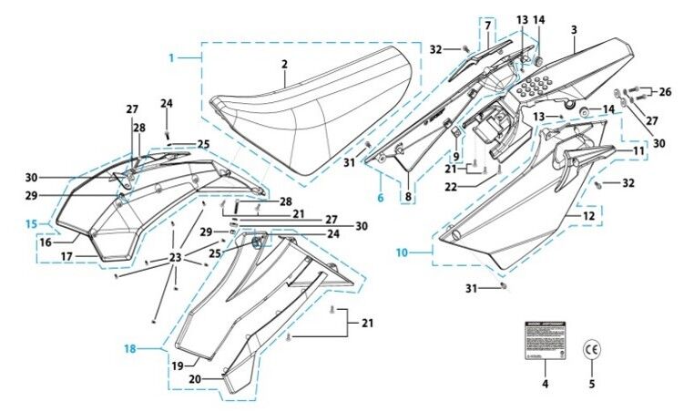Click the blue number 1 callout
(x=172, y=57)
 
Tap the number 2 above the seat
(x=284, y=65)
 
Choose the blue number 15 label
(x=30, y=222)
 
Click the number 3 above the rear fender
(x=574, y=30)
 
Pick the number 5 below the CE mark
(x=593, y=383)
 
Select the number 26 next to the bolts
(x=664, y=91)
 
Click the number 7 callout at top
(x=488, y=25)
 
